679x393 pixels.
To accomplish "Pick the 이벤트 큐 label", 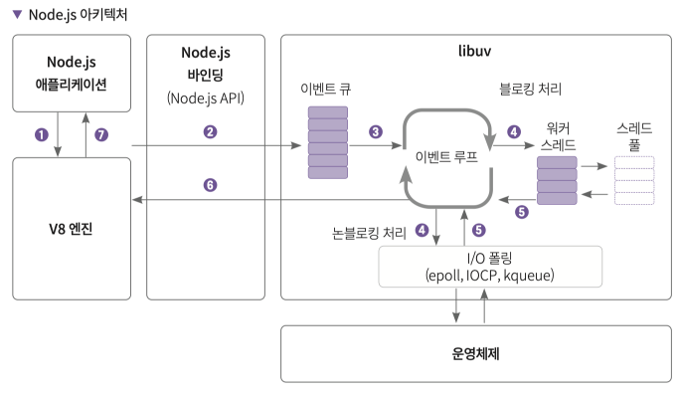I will [326, 88].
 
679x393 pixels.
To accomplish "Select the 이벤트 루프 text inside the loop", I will [449, 157].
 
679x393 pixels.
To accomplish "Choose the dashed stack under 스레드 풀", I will [634, 180].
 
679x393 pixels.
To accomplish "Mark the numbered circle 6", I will [210, 185].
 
